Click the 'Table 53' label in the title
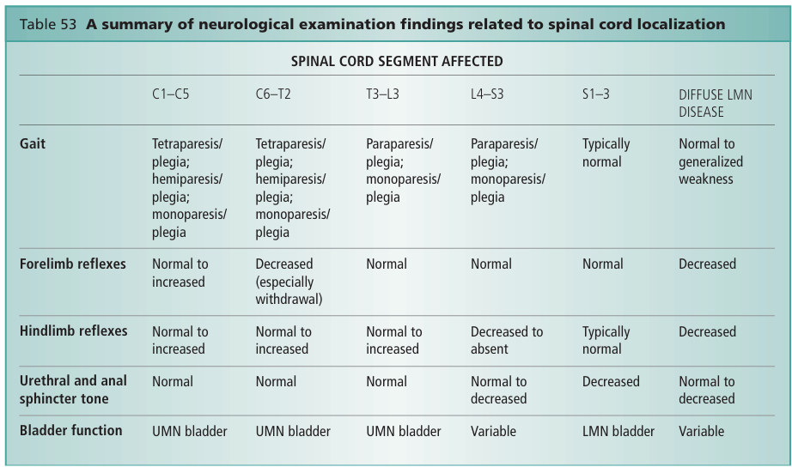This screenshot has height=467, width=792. tap(47, 24)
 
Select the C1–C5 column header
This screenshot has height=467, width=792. tap(171, 94)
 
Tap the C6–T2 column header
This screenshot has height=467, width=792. tap(273, 94)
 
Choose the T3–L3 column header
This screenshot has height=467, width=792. tap(382, 94)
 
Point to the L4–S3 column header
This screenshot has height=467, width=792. tap(487, 94)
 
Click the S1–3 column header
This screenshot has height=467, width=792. tap(596, 94)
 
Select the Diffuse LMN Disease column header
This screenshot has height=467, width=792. tap(715, 102)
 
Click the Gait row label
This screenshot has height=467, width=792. tap(33, 143)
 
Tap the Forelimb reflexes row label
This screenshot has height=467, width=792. tap(72, 264)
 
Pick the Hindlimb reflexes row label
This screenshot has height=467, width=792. tap(73, 331)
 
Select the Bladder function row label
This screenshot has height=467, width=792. tap(70, 430)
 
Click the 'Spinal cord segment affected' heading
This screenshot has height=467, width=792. tap(397, 61)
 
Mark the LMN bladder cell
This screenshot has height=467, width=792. tap(618, 431)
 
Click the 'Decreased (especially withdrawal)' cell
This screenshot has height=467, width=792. tap(286, 282)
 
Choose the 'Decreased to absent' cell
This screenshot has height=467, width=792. tap(507, 340)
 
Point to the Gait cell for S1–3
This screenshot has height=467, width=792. tap(606, 153)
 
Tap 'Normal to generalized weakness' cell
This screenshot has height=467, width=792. tap(710, 161)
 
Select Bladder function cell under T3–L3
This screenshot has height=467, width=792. tap(404, 431)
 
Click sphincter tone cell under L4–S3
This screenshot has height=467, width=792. tap(498, 390)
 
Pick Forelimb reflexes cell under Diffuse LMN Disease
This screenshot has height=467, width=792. tap(707, 264)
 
